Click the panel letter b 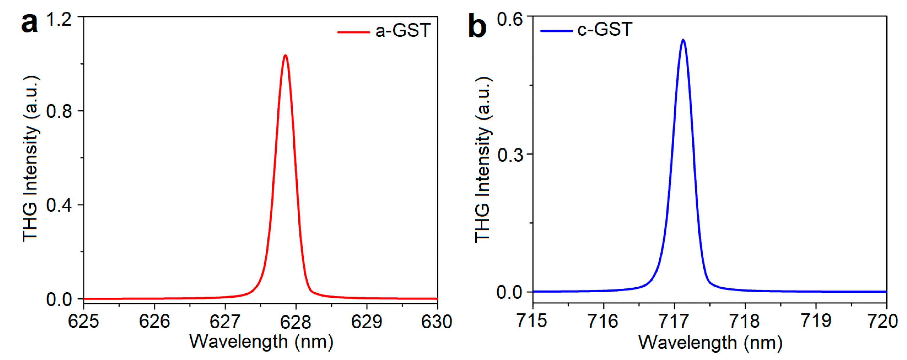pos(477,26)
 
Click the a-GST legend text pos(403,30)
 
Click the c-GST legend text pos(605,29)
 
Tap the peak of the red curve pos(285,55)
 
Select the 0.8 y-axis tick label pos(59,111)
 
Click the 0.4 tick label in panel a pos(59,205)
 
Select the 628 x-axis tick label pos(295,321)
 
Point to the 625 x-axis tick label pos(84,321)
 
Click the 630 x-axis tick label pos(436,321)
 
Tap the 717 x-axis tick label pos(674,321)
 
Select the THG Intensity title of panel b pos(483,159)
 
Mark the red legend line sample pos(353,32)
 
